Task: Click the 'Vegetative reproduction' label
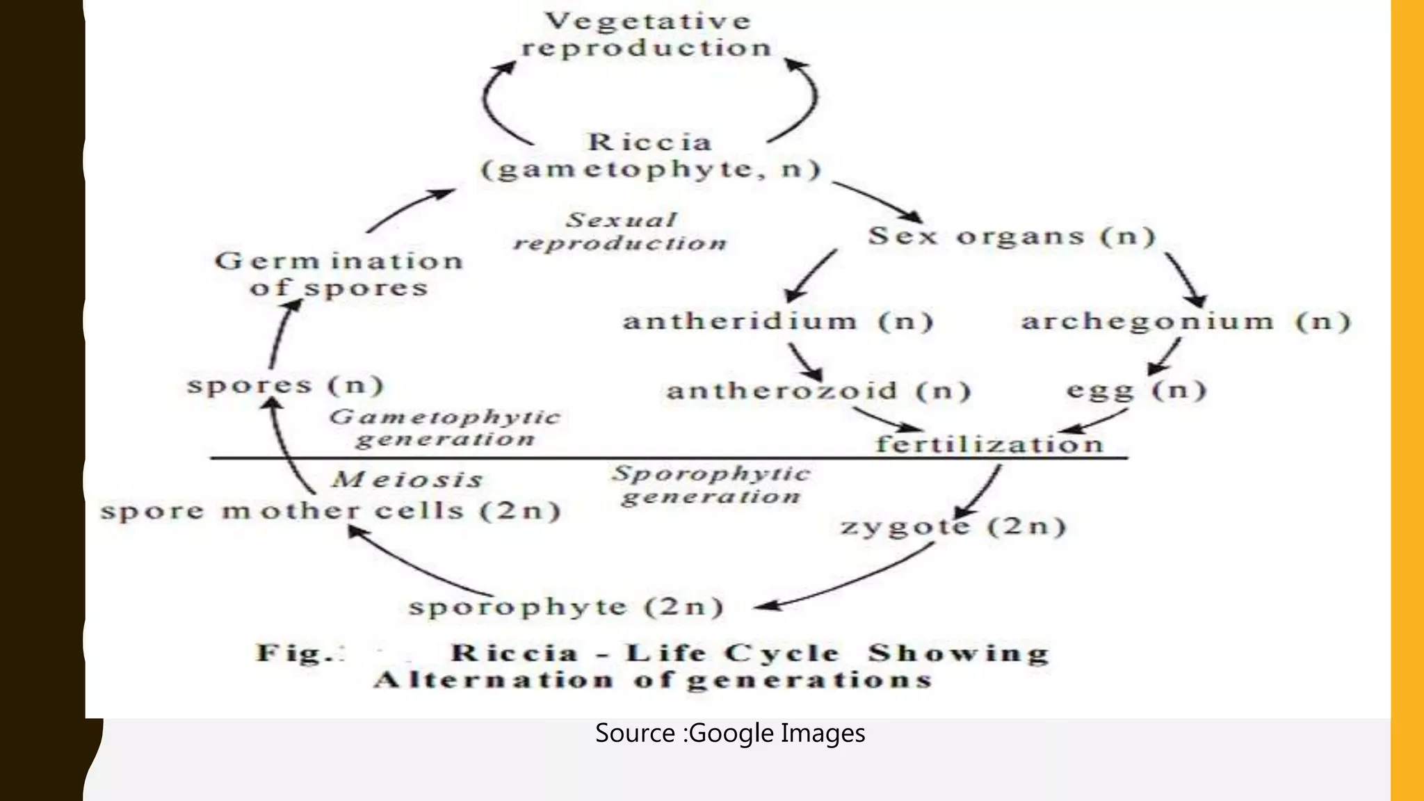coord(647,35)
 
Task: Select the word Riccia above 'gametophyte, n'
coord(650,143)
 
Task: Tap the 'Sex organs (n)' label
coord(1012,236)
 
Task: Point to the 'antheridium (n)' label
coord(778,322)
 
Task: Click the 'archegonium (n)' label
coord(1186,322)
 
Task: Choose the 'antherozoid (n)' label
coord(818,391)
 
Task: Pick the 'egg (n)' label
coord(1136,390)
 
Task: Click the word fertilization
coord(989,444)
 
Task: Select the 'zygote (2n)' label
coord(953,526)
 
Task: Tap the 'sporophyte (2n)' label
coord(566,607)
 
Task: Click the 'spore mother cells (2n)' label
coord(330,511)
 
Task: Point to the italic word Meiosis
coord(407,480)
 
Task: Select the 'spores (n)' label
coord(285,385)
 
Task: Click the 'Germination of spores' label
coord(339,275)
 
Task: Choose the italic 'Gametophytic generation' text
coord(445,428)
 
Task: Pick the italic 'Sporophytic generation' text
coord(711,485)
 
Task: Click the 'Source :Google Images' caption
coord(730,734)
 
